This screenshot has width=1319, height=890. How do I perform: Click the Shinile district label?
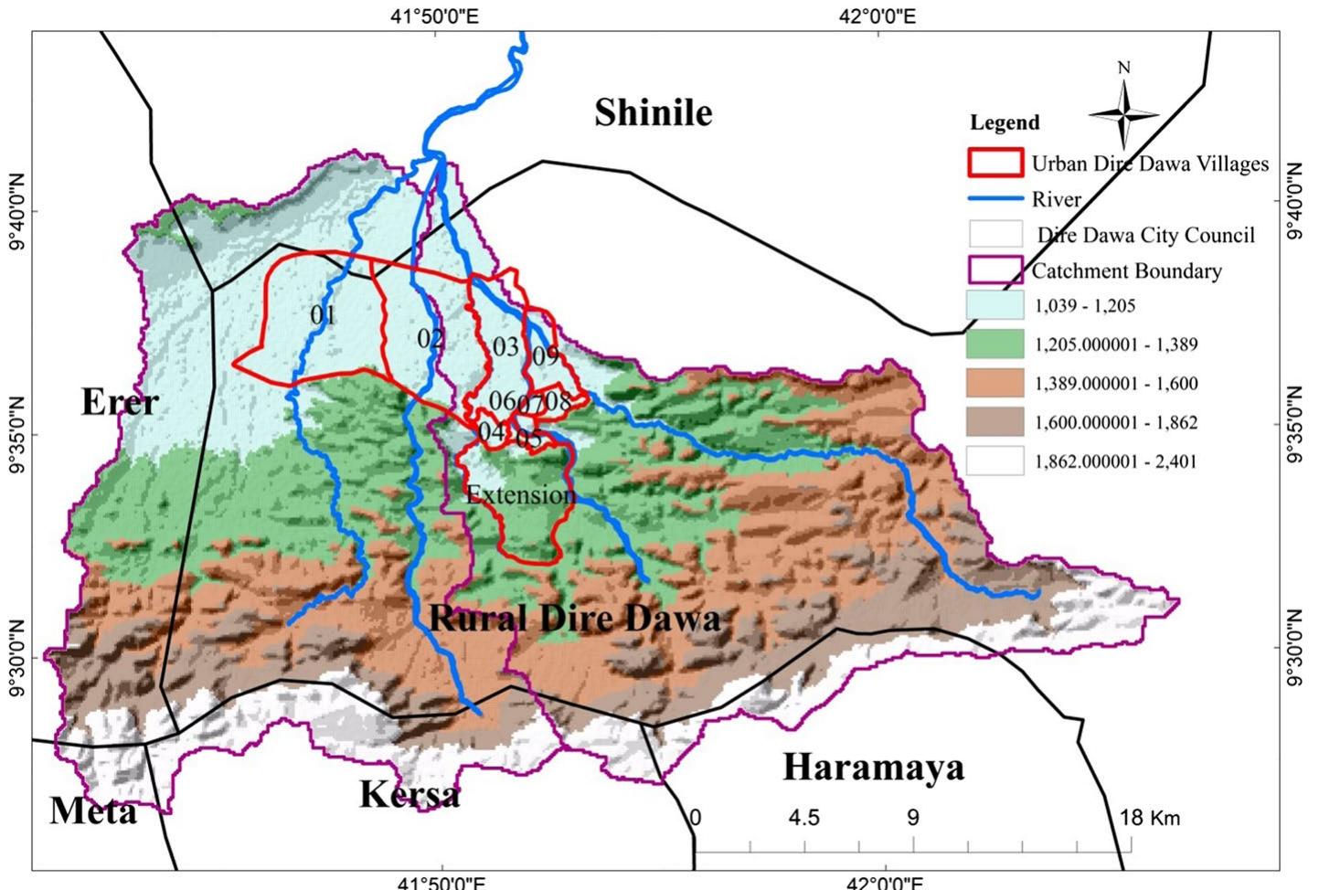coord(653,112)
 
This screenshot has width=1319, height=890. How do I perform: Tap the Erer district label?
coord(120,401)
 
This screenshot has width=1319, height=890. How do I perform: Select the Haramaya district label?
coord(873,767)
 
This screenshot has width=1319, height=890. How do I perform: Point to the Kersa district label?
coord(409,794)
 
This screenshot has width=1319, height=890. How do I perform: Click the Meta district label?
coord(92,811)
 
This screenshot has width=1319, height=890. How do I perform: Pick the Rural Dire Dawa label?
coord(574,619)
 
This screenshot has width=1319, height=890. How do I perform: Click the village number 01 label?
coord(323,315)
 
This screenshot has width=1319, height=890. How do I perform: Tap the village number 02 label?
coord(431,339)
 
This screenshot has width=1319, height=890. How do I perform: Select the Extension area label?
coord(521,495)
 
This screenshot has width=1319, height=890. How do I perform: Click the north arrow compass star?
coord(1124,114)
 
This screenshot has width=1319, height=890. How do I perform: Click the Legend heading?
coord(1005,122)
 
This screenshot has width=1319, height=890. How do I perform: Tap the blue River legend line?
coord(994,198)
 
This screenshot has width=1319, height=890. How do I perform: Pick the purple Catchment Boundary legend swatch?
coord(994,270)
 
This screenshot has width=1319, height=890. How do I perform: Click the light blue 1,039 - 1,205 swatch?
coord(994,305)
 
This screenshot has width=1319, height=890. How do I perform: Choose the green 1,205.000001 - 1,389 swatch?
coord(994,344)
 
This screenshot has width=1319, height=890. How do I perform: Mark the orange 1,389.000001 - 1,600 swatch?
coord(994,384)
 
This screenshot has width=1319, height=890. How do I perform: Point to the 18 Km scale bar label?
coord(1149,817)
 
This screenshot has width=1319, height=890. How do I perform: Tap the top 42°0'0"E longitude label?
coord(883,16)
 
